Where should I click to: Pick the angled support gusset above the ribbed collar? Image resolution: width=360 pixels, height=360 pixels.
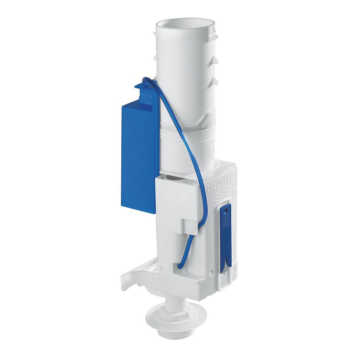point(204,120)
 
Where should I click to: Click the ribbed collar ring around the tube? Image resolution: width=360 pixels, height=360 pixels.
point(186,135)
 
